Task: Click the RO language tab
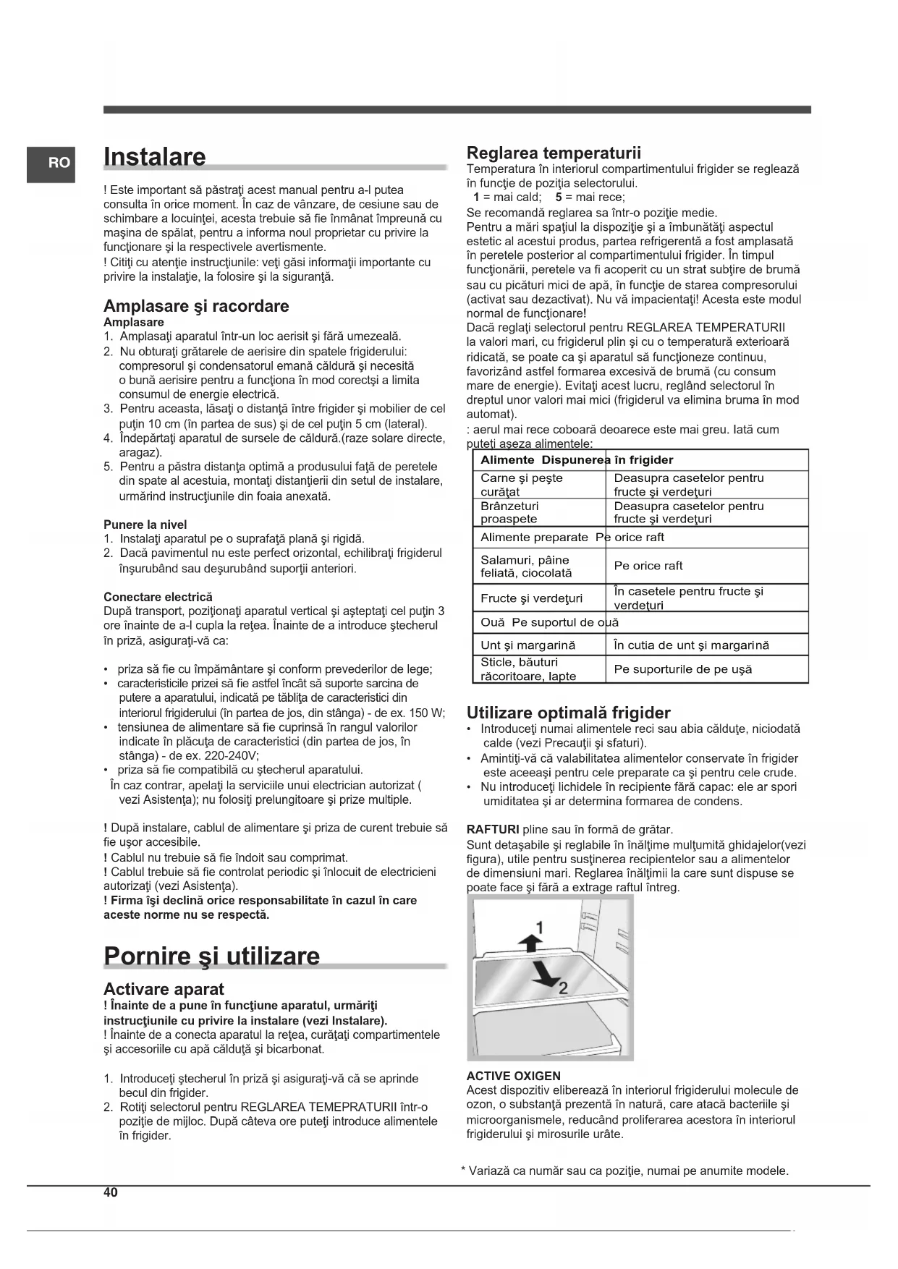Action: [x=51, y=164]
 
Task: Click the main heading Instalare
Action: [x=155, y=157]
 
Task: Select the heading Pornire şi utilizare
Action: [x=211, y=956]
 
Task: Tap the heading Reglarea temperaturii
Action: [x=554, y=153]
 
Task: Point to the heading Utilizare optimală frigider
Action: [x=568, y=713]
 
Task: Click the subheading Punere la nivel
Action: [x=145, y=525]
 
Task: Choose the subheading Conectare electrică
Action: [x=158, y=597]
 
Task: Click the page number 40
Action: [x=110, y=1193]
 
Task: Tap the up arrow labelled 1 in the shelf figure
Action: [x=530, y=940]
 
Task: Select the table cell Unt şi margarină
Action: [x=528, y=645]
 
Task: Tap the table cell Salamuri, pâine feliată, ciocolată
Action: [x=526, y=566]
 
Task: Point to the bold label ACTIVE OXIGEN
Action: [x=513, y=1076]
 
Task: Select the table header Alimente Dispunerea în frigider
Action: [x=577, y=460]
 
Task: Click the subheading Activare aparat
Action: [x=164, y=989]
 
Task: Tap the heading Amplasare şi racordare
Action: [x=196, y=306]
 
